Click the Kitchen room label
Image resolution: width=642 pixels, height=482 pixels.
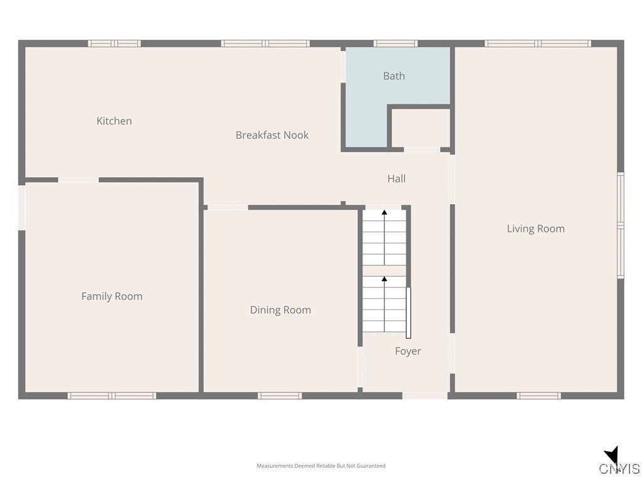tap(114, 121)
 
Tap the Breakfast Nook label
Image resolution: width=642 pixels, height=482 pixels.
tap(272, 135)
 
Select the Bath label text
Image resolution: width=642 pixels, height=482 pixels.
tap(394, 76)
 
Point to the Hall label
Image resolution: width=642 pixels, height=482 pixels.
tap(396, 179)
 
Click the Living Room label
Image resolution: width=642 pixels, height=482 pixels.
tap(535, 229)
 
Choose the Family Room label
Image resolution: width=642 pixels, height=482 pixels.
tap(112, 296)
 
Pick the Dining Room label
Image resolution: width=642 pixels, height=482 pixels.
tap(280, 310)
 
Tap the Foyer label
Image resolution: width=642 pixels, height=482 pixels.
tap(408, 351)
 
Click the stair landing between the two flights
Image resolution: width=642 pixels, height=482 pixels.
tap(384, 270)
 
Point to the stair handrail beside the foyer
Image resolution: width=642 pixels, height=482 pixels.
tap(408, 313)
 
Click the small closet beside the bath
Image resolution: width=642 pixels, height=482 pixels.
tap(421, 128)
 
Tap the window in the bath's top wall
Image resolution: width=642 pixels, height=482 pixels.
tap(396, 43)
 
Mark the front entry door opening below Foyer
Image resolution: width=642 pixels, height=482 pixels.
tap(424, 396)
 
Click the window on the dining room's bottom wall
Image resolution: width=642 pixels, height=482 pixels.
tap(280, 396)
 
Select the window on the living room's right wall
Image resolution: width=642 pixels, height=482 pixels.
tap(620, 225)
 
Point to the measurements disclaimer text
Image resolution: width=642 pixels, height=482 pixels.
tap(321, 466)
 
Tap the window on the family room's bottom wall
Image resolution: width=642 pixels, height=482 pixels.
tap(112, 396)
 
